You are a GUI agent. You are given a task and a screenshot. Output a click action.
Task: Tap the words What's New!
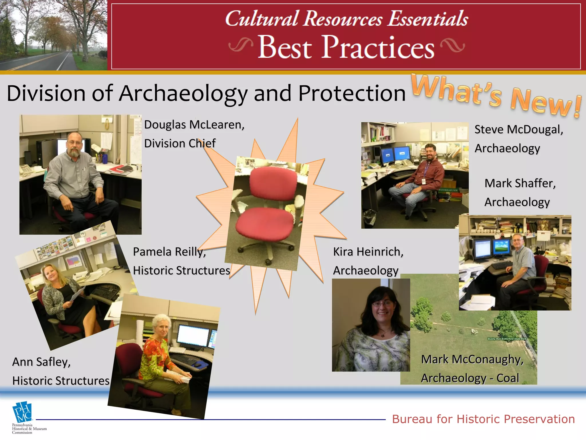496,96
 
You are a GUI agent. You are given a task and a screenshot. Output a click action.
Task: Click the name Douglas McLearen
194,125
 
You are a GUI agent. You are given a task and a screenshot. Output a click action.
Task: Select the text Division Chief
180,143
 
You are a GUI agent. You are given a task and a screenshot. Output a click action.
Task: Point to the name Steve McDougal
518,129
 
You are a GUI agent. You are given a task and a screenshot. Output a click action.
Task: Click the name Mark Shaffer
520,183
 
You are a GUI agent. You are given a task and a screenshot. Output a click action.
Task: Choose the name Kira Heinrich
368,252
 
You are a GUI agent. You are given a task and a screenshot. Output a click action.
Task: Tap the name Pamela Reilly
169,252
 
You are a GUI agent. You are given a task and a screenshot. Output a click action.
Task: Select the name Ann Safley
41,362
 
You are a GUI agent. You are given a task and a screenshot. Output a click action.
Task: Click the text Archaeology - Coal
470,378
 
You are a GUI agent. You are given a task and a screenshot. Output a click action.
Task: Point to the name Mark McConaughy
472,359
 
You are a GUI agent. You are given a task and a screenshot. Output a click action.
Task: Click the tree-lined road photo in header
54,35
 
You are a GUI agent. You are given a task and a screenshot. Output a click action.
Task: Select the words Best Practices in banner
346,47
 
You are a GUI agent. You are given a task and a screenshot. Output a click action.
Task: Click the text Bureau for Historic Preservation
483,419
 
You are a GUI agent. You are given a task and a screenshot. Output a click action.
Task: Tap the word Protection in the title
352,93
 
